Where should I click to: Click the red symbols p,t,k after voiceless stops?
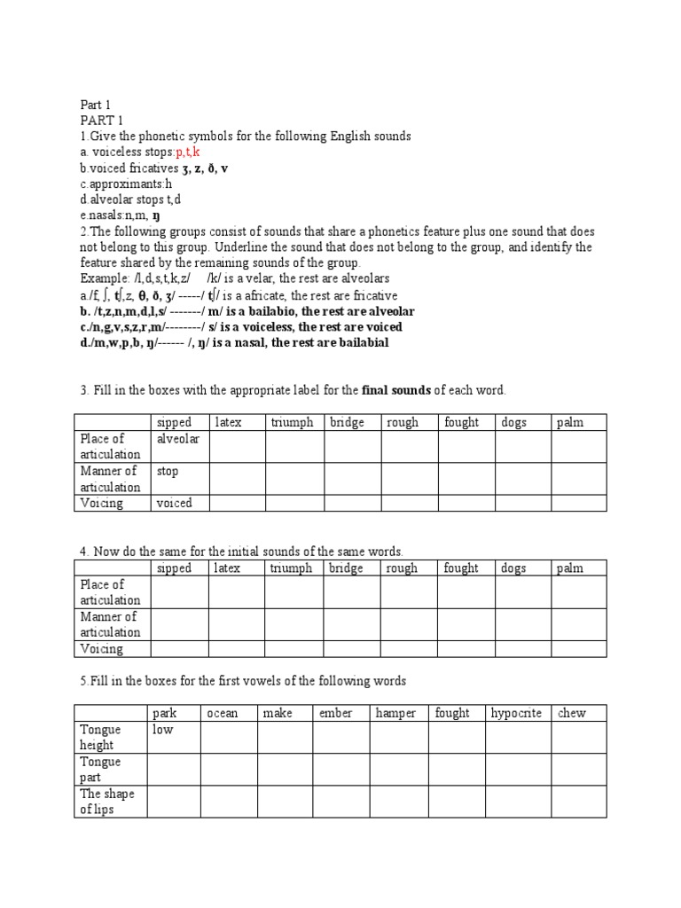pyautogui.click(x=188, y=152)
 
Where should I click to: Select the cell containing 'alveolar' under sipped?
pyautogui.click(x=178, y=439)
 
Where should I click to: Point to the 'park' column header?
pyautogui.click(x=165, y=713)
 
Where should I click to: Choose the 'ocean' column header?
pyautogui.click(x=222, y=713)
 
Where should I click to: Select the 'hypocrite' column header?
pyautogui.click(x=516, y=713)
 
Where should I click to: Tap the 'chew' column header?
pyautogui.click(x=571, y=713)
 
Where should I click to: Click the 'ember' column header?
pyautogui.click(x=335, y=713)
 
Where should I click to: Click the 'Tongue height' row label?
pyautogui.click(x=101, y=737)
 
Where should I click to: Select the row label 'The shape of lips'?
pyautogui.click(x=106, y=802)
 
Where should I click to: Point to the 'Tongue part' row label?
pyautogui.click(x=101, y=770)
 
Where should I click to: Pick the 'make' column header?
pyautogui.click(x=278, y=713)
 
